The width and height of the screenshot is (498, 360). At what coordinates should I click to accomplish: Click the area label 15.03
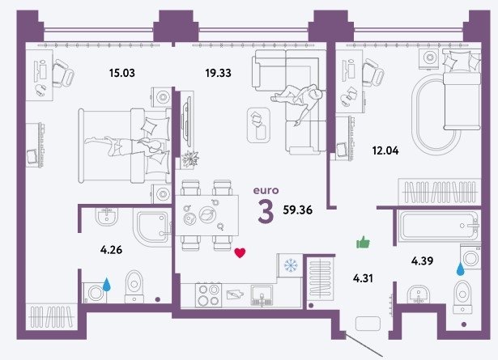(122, 73)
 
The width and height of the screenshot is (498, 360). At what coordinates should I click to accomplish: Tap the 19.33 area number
(218, 73)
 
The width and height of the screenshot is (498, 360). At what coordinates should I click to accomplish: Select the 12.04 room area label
(385, 150)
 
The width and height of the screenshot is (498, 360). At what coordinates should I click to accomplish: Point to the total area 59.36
(298, 210)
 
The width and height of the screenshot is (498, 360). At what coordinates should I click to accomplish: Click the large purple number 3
(266, 212)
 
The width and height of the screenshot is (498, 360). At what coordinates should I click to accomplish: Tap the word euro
(266, 190)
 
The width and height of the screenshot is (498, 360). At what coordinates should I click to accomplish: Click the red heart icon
(240, 252)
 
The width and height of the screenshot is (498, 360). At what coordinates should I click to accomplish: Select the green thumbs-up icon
(363, 243)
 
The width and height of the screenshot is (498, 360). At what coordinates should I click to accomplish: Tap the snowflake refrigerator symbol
(290, 265)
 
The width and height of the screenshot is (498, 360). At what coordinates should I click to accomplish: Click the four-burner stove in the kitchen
(208, 295)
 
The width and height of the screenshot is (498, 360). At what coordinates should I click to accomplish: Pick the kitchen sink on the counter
(262, 295)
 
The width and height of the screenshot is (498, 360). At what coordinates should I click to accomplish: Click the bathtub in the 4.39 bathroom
(439, 226)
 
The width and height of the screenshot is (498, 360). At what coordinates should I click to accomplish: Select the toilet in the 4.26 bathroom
(134, 286)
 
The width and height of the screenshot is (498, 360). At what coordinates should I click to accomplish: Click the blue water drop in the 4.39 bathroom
(460, 269)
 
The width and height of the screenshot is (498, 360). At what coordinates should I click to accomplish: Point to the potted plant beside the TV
(190, 158)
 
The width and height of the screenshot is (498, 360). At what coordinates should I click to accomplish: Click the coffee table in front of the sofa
(258, 125)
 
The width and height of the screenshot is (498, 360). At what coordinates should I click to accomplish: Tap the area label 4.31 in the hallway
(363, 278)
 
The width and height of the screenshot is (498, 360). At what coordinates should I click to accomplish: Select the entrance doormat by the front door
(368, 324)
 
